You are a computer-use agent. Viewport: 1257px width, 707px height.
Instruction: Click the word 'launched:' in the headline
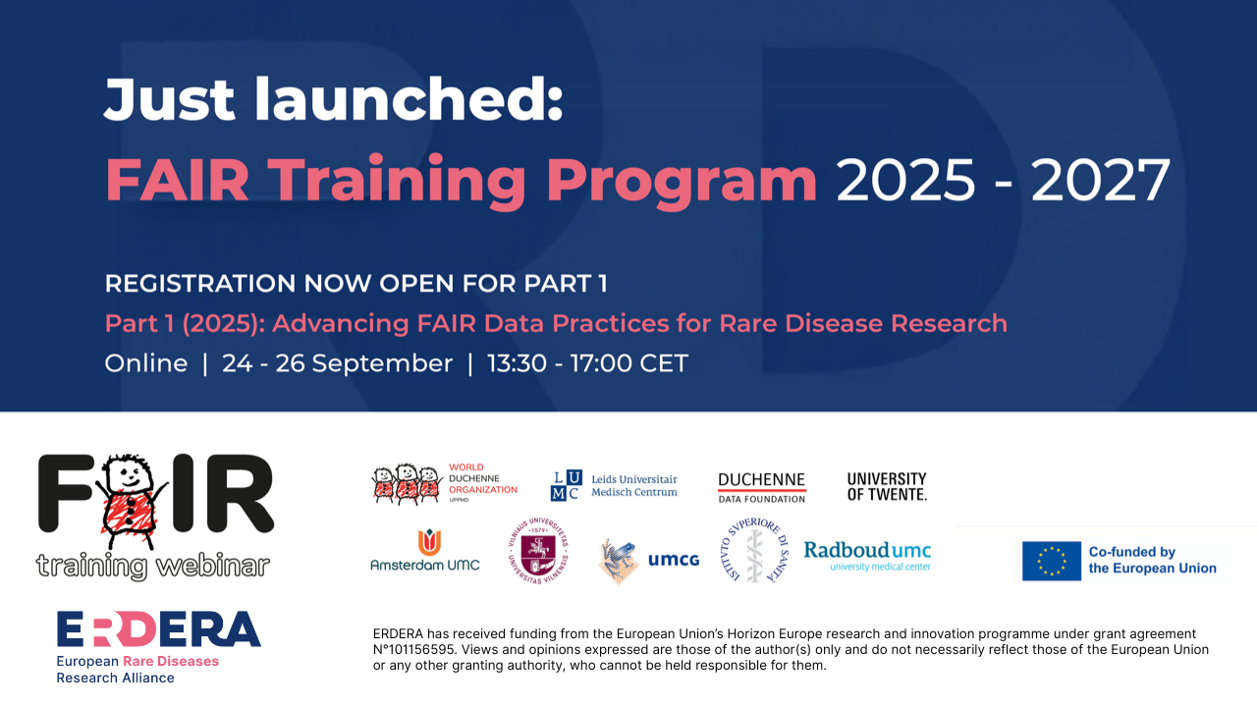pos(409,99)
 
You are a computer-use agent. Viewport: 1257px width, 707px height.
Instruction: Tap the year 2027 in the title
pos(1101,180)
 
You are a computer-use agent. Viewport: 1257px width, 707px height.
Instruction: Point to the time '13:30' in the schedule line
pos(517,363)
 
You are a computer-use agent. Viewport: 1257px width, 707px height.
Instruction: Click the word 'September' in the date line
pos(382,364)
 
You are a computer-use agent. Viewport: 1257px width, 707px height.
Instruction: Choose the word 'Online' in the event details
pos(146,363)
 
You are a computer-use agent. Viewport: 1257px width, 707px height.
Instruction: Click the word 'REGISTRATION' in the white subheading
pos(199,284)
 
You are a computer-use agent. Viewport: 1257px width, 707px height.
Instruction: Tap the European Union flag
pos(1051,561)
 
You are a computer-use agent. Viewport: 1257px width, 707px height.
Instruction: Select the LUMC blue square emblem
pos(567,485)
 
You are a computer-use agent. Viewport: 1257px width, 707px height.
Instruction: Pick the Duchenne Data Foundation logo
pos(761,488)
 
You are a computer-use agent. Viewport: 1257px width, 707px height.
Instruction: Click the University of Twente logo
pos(887,486)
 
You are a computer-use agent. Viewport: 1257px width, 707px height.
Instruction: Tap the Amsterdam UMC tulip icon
pos(429,541)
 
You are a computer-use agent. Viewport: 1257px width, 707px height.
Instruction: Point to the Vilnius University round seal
pos(538,551)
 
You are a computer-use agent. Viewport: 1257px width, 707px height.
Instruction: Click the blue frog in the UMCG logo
pos(619,561)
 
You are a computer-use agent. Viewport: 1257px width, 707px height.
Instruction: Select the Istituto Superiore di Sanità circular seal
pos(755,550)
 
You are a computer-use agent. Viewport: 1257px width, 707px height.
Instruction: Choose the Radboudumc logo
pos(867,556)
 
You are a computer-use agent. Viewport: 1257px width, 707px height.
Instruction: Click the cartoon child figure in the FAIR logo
pos(131,501)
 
